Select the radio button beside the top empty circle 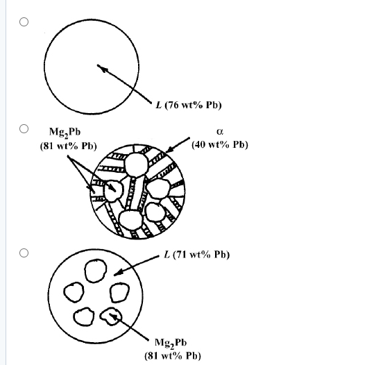(x=24, y=22)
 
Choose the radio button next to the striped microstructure (x=24, y=128)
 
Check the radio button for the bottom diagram (x=24, y=253)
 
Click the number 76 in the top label (x=174, y=105)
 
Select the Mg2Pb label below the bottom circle (x=169, y=343)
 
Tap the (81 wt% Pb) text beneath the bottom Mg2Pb (x=173, y=355)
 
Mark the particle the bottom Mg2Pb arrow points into (x=112, y=317)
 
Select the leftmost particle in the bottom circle (x=71, y=291)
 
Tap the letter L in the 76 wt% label (x=159, y=105)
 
